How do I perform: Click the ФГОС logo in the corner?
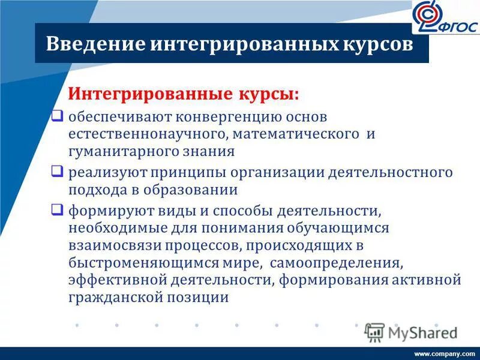click(x=445, y=18)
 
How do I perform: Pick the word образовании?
click(x=195, y=191)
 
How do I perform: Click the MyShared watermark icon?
click(x=374, y=332)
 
